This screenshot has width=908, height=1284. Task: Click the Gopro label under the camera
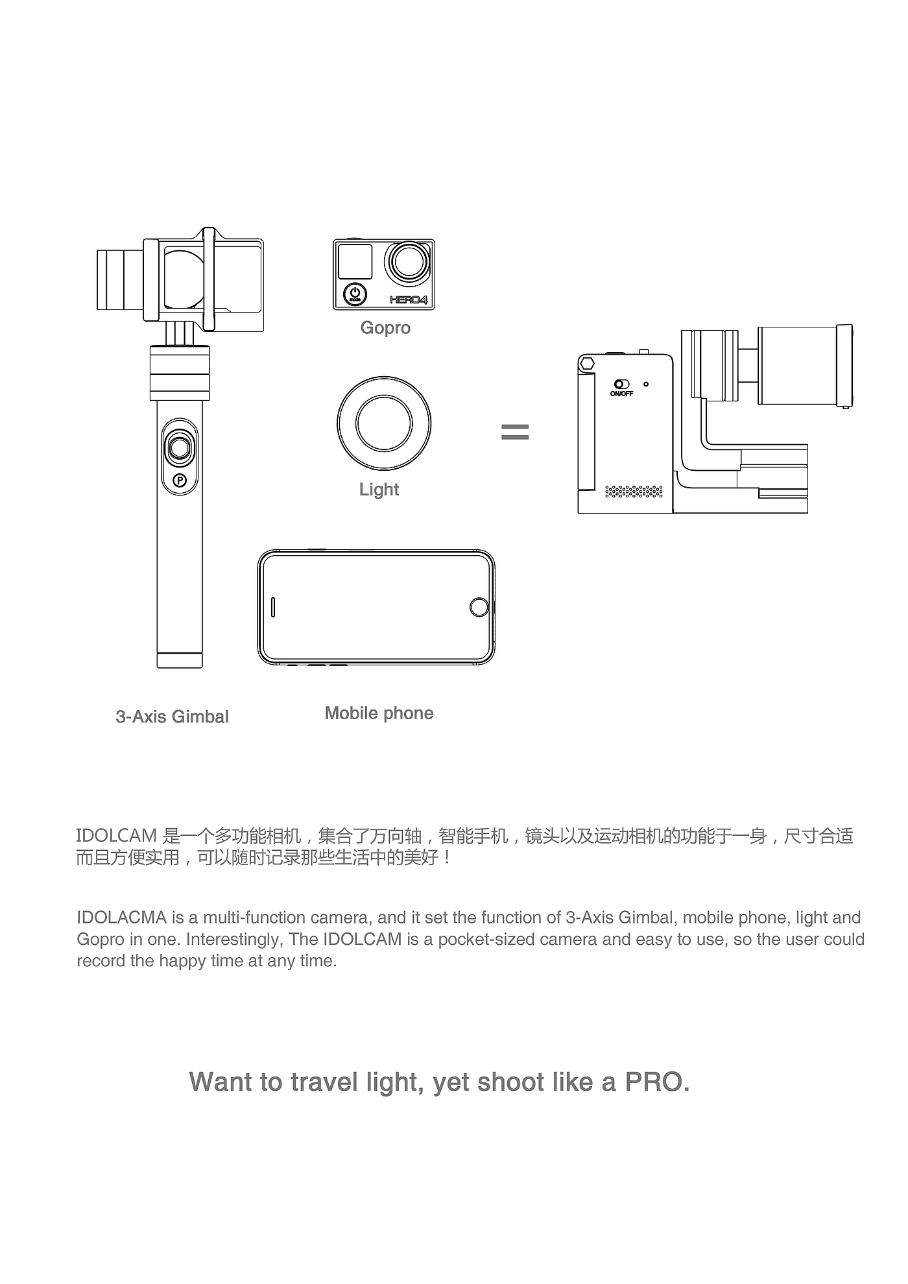[385, 328]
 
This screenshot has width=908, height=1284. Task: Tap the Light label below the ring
[379, 490]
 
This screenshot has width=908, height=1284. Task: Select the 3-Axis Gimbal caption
[172, 717]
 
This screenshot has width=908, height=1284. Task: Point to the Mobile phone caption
[379, 713]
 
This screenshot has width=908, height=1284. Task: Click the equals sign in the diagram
[515, 432]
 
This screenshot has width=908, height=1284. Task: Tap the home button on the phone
[479, 607]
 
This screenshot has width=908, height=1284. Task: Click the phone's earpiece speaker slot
[273, 606]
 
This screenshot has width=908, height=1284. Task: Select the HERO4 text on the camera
[409, 300]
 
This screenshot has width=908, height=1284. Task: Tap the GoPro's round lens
[409, 263]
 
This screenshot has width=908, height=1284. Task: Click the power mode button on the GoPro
[355, 294]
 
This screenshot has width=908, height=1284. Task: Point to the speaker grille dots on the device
[634, 491]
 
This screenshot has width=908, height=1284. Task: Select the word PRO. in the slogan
[656, 1082]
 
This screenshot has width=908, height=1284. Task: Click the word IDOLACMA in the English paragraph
[122, 918]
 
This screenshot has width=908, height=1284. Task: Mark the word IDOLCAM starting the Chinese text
[117, 836]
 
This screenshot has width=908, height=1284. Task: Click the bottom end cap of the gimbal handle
[180, 661]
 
